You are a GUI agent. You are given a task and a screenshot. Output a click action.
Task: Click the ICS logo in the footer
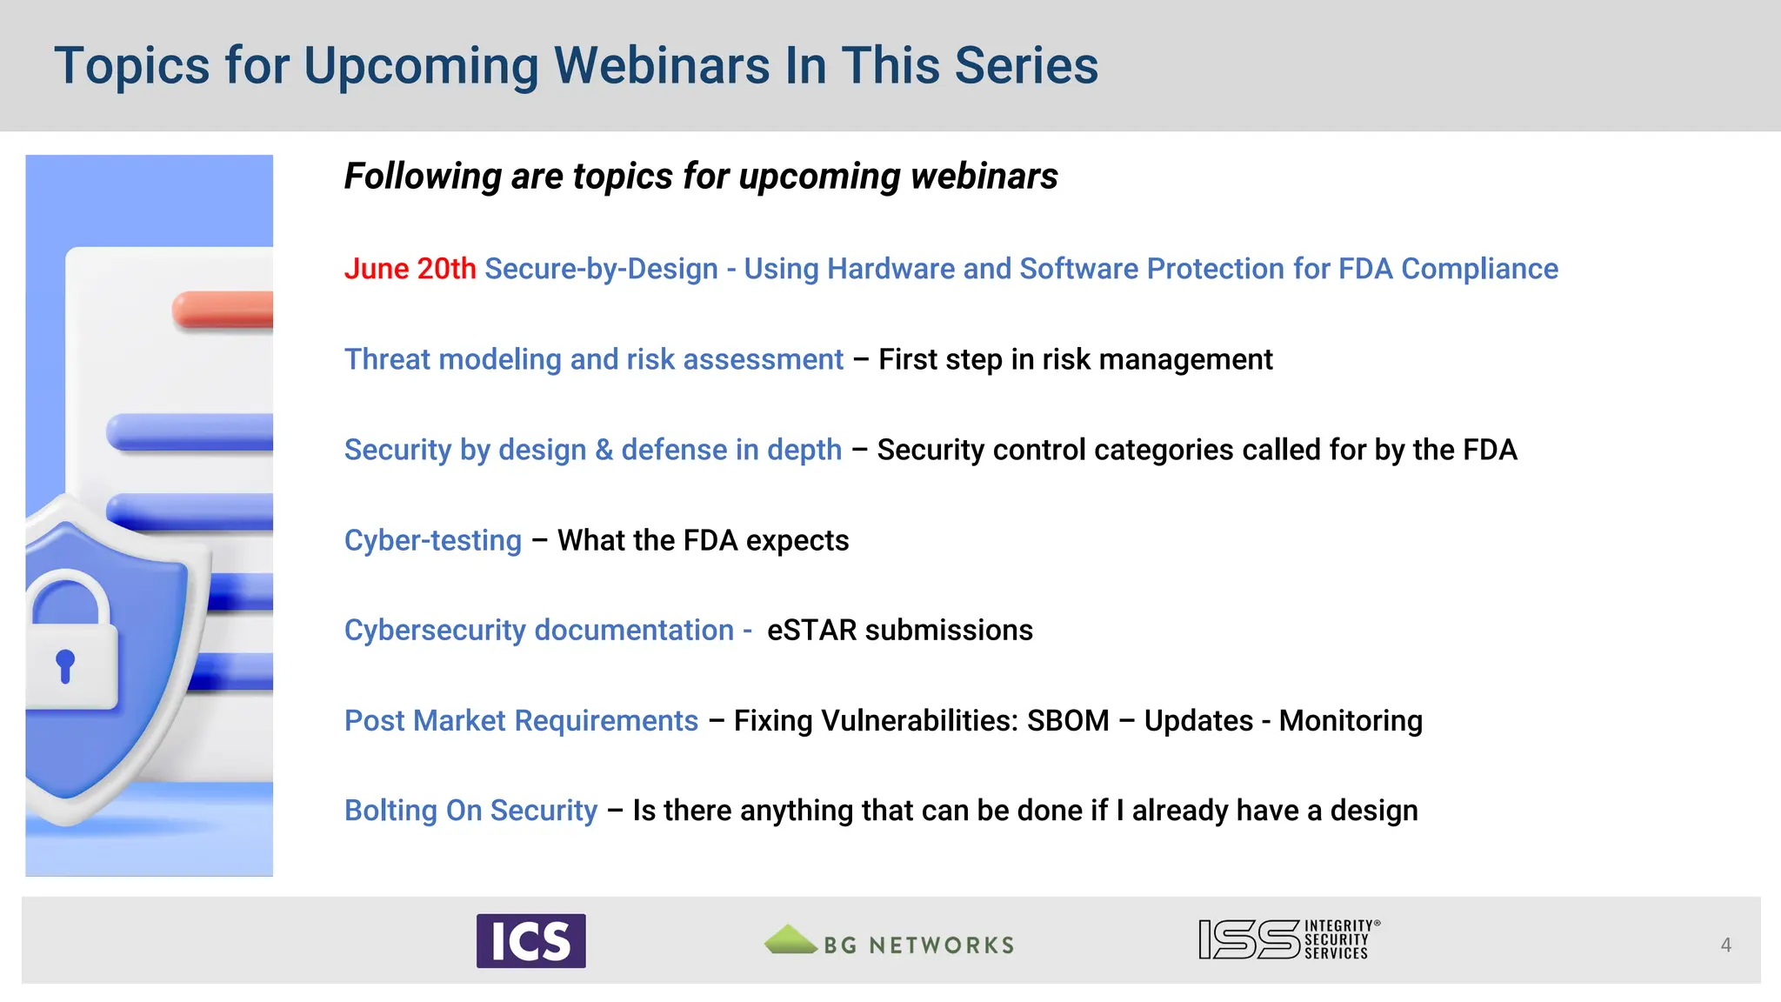(x=530, y=940)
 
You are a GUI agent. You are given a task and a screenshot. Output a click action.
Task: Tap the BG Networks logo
(x=889, y=942)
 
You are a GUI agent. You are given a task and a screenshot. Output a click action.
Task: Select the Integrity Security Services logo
(x=1288, y=939)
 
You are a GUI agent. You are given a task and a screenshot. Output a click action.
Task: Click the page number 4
(x=1725, y=945)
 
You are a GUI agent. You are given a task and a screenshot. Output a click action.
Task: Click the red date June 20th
(x=410, y=269)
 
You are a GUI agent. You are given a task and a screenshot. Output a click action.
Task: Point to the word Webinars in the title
(x=662, y=66)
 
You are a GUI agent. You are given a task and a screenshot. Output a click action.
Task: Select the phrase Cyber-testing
(x=432, y=540)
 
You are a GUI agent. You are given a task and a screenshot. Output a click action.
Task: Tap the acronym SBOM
(x=1067, y=720)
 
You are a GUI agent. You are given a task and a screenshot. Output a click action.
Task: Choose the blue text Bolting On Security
(x=470, y=811)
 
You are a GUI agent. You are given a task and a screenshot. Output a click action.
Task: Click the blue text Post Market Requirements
(x=521, y=720)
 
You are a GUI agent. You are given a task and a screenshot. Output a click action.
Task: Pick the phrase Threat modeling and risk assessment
(x=593, y=359)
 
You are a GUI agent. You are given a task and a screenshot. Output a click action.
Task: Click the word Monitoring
(x=1350, y=720)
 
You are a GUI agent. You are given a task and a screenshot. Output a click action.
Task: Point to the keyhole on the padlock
(x=65, y=665)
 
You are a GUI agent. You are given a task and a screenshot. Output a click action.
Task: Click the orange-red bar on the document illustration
(x=224, y=310)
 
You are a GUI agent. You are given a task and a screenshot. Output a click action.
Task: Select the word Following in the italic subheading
(x=422, y=177)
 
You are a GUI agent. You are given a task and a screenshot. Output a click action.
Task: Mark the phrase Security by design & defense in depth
(x=592, y=450)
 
